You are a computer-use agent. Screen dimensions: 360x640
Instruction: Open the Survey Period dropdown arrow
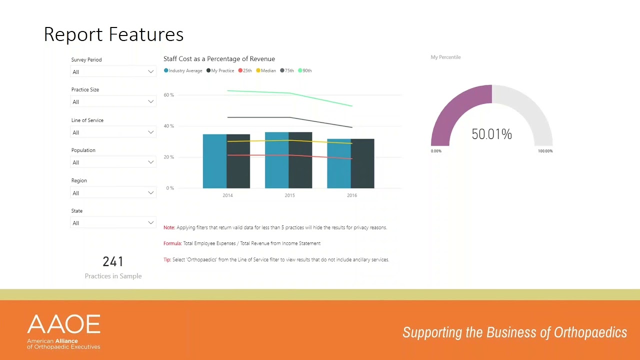[150, 72]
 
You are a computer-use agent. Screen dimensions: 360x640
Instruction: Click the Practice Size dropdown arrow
[150, 102]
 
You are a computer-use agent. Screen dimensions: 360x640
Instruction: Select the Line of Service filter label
[87, 120]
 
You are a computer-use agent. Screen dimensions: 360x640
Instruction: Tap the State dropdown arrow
[150, 223]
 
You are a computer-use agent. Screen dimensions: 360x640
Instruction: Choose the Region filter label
[79, 180]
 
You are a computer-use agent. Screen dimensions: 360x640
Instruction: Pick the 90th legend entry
[305, 70]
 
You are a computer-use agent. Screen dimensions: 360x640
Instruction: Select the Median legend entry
[266, 70]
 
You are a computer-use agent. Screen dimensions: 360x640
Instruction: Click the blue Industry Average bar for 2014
[214, 161]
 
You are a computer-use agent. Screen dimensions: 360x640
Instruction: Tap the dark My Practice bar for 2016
[362, 163]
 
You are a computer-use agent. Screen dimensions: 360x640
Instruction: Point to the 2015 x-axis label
[289, 195]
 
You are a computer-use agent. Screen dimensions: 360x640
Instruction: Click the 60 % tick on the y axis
[168, 95]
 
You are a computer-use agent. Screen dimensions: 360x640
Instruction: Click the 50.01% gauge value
[491, 134]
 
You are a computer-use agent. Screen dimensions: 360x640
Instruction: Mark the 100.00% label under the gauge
[545, 151]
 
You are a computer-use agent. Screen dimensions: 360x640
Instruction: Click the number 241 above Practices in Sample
[113, 261]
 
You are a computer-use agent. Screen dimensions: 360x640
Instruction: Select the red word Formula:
[172, 243]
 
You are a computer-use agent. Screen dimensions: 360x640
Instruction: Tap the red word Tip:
[167, 259]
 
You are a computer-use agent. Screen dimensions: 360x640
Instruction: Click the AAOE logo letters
[64, 325]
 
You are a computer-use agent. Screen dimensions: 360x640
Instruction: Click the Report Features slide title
[113, 34]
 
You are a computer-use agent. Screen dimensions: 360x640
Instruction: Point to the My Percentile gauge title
[445, 57]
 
